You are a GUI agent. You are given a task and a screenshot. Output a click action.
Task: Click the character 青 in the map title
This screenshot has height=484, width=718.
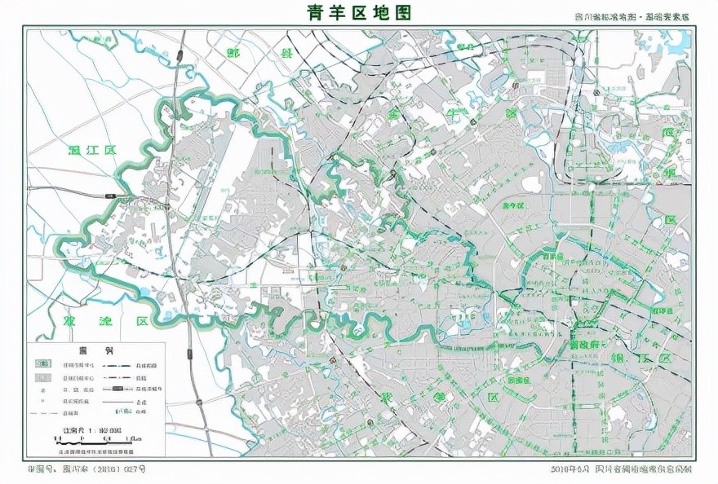click(316, 12)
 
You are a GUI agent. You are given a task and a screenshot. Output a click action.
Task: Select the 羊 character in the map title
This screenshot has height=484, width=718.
click(338, 12)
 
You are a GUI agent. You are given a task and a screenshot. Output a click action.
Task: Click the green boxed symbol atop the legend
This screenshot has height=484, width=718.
click(43, 364)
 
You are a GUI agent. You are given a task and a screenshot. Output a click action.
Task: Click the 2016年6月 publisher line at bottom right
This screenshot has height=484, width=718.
click(620, 469)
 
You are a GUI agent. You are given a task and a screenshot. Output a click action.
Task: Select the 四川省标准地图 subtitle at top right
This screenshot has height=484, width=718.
click(632, 16)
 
